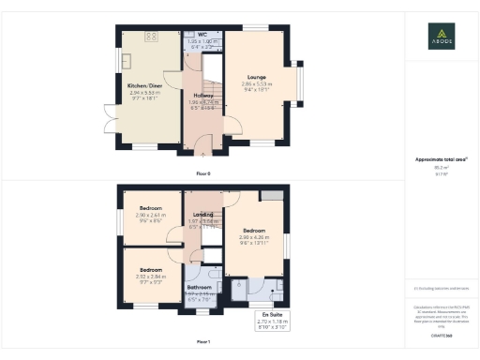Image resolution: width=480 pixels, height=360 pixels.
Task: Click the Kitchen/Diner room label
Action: (145, 85)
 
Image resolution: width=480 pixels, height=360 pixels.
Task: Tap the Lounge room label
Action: (257, 77)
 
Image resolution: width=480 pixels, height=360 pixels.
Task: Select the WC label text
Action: (202, 35)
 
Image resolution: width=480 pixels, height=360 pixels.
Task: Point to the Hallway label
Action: (203, 95)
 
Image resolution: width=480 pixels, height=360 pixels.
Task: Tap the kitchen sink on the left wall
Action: (126, 61)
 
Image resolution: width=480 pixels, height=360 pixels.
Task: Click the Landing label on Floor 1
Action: (202, 213)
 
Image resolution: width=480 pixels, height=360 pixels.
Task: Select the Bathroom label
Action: (199, 287)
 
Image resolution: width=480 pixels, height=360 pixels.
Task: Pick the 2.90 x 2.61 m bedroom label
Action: (150, 207)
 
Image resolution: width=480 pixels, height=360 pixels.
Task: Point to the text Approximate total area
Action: (441, 159)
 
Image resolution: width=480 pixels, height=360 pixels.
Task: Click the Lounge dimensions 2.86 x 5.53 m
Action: (257, 84)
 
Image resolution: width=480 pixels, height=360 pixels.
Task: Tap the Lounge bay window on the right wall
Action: (302, 85)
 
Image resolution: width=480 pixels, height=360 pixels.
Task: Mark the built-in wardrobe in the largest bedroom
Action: (272, 194)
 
